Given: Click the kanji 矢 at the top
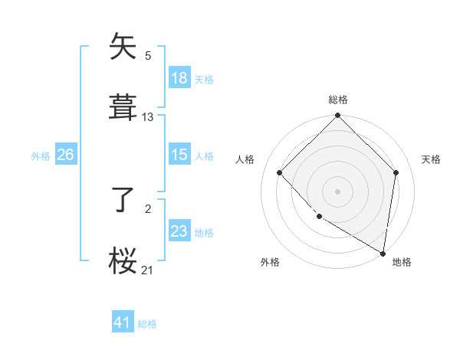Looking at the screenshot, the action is click(x=123, y=47).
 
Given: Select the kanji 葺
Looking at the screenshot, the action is click(x=123, y=106).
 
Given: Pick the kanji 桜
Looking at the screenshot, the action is click(x=123, y=260).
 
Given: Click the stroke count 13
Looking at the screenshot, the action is click(x=148, y=117).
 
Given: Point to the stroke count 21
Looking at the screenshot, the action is click(x=148, y=270).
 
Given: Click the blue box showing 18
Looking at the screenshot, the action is click(x=179, y=78).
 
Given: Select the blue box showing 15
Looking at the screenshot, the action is click(x=179, y=155).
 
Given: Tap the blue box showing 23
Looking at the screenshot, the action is click(x=179, y=231).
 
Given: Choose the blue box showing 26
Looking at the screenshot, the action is click(x=65, y=155).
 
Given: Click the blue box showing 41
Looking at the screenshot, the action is click(x=123, y=322).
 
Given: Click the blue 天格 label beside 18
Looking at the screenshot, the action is click(x=204, y=79).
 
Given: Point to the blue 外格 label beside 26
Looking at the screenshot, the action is click(x=41, y=155).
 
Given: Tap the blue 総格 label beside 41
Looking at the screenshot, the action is click(x=147, y=324).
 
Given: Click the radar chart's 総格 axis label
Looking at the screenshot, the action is click(x=338, y=100).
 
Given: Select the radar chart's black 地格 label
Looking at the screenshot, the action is click(x=402, y=262).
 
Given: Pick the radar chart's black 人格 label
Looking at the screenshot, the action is click(x=245, y=159).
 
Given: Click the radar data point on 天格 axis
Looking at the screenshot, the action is click(x=396, y=172).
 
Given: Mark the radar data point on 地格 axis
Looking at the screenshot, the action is click(x=382, y=253).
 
